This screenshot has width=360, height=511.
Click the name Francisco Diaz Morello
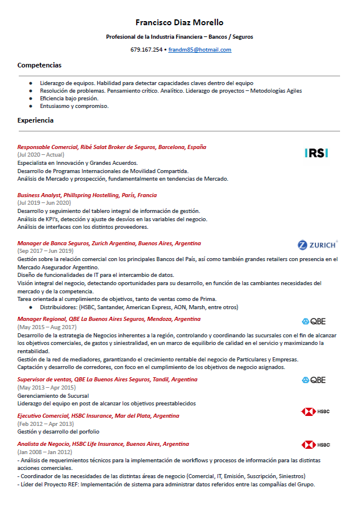tap(179, 22)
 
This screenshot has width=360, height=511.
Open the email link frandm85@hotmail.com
tap(199, 50)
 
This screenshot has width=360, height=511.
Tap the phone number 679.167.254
tap(146, 50)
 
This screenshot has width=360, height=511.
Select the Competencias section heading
tap(39, 65)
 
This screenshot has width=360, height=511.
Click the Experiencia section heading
tap(36, 120)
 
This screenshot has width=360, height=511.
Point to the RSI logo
tap(317, 153)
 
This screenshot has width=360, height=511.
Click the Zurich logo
tap(317, 245)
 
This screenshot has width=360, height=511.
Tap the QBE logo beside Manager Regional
tap(313, 321)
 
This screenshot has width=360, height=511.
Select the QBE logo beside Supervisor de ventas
tap(313, 380)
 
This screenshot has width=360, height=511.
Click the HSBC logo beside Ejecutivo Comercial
tap(315, 412)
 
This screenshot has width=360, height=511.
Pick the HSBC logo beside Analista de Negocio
tap(315, 445)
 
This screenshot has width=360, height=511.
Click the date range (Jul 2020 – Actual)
tap(41, 154)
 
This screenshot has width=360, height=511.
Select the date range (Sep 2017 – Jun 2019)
tap(46, 251)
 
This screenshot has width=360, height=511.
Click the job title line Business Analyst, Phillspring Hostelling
tap(87, 195)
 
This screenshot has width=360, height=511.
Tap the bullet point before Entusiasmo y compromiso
tap(30, 106)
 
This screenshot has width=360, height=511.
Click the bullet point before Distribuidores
tap(30, 307)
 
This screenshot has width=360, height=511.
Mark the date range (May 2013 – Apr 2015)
tap(46, 387)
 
